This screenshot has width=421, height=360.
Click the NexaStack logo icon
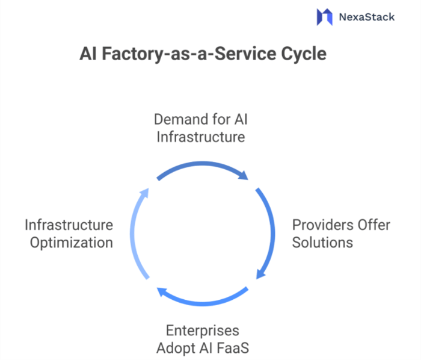point(325,16)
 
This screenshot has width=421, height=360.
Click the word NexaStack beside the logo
point(367,17)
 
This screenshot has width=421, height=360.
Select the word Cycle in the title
point(304,54)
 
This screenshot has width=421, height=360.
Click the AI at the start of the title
point(88,54)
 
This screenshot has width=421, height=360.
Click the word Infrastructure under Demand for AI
point(201,137)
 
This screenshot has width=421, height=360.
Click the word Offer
point(372,225)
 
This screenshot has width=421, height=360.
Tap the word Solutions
point(322,243)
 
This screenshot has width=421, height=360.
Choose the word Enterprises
point(202,331)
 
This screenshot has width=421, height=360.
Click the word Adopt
point(176,348)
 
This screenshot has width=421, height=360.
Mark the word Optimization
point(69,243)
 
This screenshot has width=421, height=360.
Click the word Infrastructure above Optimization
point(69,225)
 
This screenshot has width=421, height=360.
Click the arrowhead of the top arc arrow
point(244,176)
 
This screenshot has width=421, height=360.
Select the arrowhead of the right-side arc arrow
point(260,275)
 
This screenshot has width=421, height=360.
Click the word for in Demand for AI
point(220,119)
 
